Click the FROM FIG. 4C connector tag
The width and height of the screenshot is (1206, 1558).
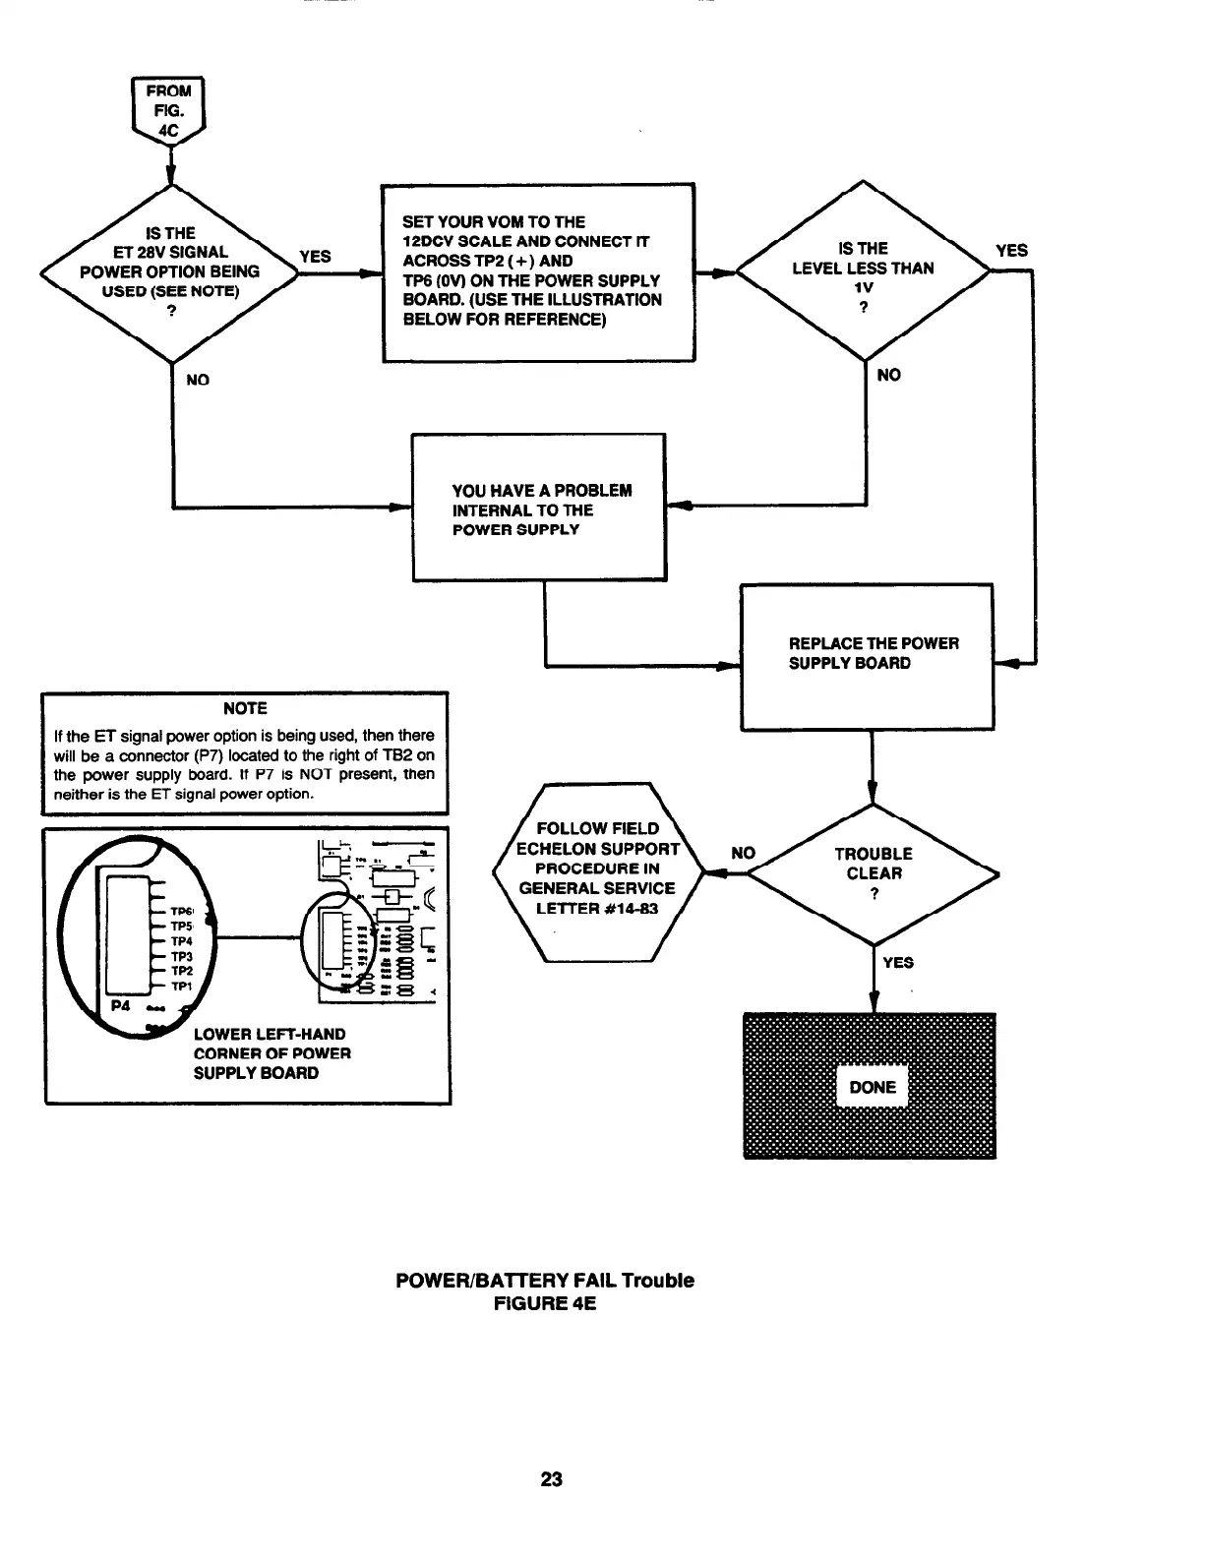[168, 109]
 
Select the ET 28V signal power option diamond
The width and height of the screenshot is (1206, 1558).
[170, 272]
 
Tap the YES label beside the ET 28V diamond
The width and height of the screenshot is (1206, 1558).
[315, 257]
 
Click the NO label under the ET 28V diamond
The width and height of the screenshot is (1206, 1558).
[198, 380]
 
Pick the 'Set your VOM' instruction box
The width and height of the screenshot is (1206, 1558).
[538, 271]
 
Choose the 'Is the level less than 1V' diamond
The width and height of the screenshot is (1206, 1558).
[863, 271]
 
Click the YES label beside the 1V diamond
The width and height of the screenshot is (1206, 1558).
[1011, 251]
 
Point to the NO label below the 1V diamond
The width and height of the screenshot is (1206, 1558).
[888, 375]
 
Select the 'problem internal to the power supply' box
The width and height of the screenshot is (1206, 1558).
[538, 508]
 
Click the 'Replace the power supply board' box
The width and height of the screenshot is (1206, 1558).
[866, 655]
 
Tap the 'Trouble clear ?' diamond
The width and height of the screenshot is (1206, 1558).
[874, 873]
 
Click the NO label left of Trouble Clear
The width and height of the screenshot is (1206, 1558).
[744, 853]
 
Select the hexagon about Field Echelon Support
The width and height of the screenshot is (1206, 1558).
[599, 869]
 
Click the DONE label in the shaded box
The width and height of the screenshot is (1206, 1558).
[873, 1087]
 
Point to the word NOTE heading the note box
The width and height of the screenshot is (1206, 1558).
[245, 708]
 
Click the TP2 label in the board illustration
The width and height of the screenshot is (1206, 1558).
[182, 971]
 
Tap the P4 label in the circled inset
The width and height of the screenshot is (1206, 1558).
[121, 1006]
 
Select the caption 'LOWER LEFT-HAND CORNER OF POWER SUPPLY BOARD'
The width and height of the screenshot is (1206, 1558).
[271, 1053]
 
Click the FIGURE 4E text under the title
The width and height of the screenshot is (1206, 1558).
[544, 1304]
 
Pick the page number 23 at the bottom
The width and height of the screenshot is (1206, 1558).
[551, 1478]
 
